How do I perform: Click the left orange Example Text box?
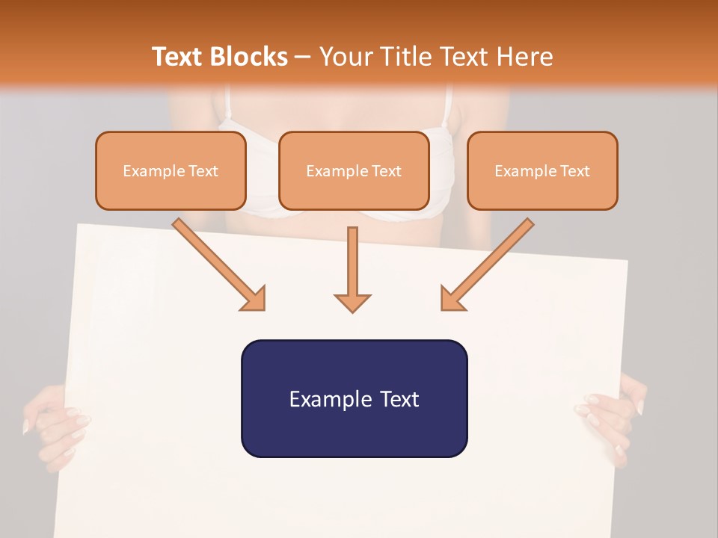click(x=171, y=171)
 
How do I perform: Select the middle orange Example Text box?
click(x=354, y=171)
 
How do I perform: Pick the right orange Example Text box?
click(x=542, y=171)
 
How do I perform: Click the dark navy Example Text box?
click(x=354, y=399)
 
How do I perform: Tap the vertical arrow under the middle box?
click(x=352, y=269)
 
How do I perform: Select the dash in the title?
click(x=303, y=57)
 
